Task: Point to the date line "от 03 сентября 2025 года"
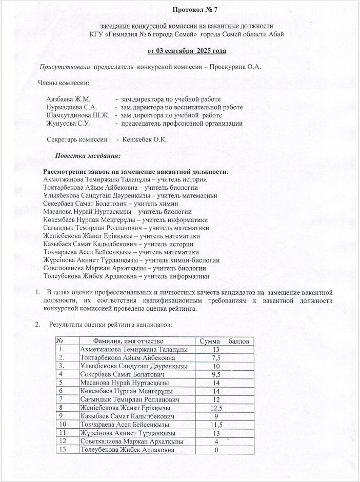pos(187,51)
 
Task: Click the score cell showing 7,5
pos(215,357)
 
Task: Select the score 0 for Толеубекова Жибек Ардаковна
pos(216,450)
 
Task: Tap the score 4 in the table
pos(216,441)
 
